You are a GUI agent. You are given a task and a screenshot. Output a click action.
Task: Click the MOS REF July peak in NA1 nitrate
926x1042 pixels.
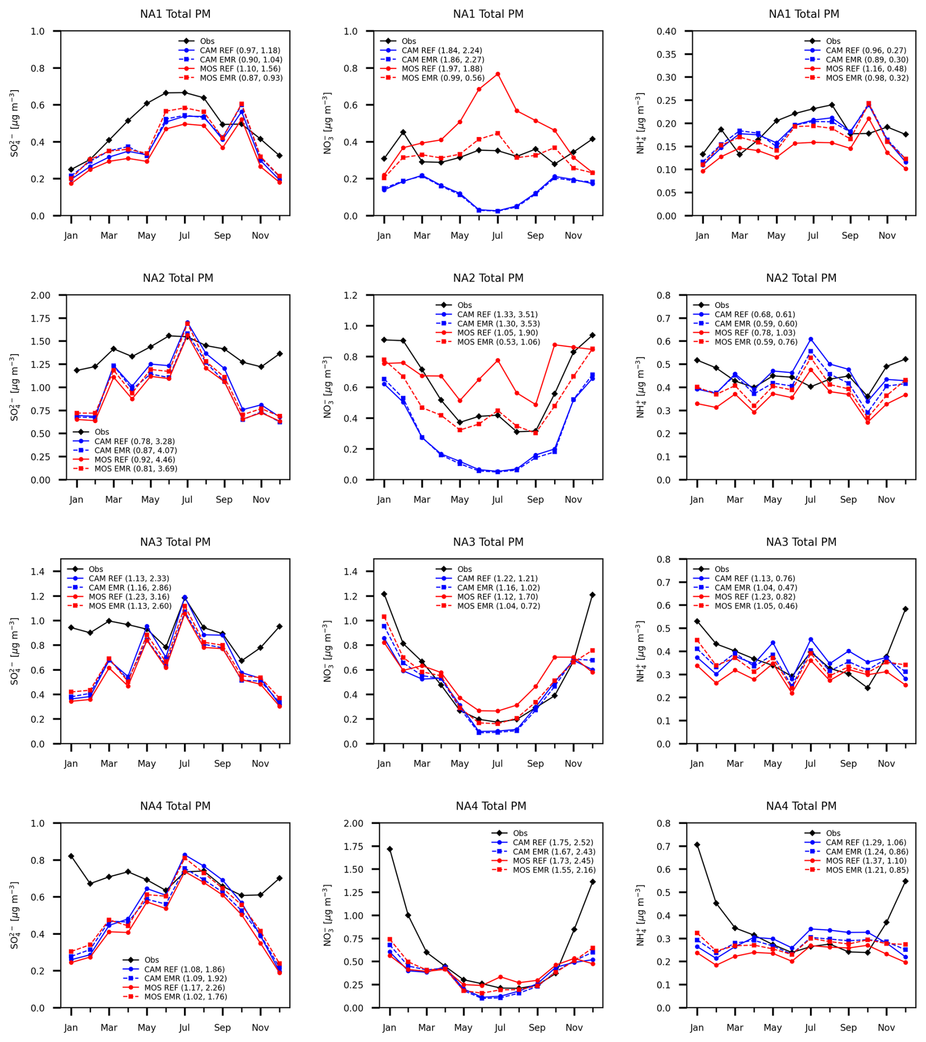497,74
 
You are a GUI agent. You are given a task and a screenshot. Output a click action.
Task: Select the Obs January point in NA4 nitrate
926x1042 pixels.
390,849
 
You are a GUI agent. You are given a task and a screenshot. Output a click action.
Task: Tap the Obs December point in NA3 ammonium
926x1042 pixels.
905,609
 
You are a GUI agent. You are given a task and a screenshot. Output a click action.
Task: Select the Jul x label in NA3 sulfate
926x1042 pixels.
185,764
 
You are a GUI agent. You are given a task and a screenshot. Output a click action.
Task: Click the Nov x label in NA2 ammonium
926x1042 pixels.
886,499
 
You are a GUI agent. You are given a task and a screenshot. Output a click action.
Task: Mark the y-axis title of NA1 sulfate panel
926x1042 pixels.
14,123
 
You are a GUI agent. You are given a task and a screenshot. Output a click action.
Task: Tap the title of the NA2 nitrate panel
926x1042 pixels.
488,278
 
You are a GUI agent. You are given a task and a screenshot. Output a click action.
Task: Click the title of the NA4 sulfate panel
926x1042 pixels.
175,806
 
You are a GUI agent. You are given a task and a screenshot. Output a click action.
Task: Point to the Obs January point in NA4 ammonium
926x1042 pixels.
697,845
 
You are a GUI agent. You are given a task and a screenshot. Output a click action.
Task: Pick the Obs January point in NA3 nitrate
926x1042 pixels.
384,594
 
